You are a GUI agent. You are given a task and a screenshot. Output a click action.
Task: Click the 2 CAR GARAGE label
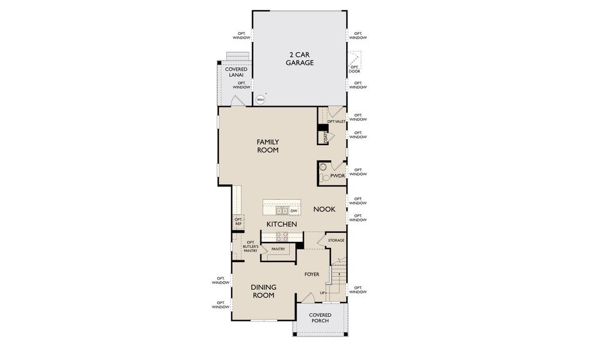(299, 58)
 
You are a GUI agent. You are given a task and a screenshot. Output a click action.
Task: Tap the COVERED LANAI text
(236, 73)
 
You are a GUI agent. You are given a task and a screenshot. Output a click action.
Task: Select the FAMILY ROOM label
(268, 146)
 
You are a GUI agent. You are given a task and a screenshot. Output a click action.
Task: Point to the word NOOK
(324, 209)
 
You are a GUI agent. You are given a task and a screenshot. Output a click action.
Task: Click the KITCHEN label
(282, 224)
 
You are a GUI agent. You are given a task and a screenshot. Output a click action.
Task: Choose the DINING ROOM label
(263, 291)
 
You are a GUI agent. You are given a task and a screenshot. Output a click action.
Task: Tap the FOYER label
(312, 274)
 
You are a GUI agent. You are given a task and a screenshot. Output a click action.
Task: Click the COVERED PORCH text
(320, 318)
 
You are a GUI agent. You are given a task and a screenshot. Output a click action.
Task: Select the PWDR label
(337, 176)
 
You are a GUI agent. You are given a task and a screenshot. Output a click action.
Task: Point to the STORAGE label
(336, 241)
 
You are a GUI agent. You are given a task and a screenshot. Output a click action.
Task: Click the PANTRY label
(278, 249)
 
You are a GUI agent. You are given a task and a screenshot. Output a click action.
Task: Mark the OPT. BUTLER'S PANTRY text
(250, 247)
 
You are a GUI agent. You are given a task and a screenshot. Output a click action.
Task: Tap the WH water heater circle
(260, 100)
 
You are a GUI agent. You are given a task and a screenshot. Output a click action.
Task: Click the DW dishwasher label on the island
(294, 211)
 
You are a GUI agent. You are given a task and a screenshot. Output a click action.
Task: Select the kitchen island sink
(281, 211)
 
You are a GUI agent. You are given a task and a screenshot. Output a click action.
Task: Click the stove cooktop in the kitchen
(281, 237)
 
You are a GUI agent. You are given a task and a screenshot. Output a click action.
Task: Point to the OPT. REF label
(238, 221)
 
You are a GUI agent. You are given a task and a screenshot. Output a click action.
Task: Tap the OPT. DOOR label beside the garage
(354, 69)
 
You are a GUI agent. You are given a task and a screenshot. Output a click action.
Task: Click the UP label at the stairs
(322, 293)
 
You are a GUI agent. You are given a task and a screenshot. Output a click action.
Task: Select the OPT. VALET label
(336, 121)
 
